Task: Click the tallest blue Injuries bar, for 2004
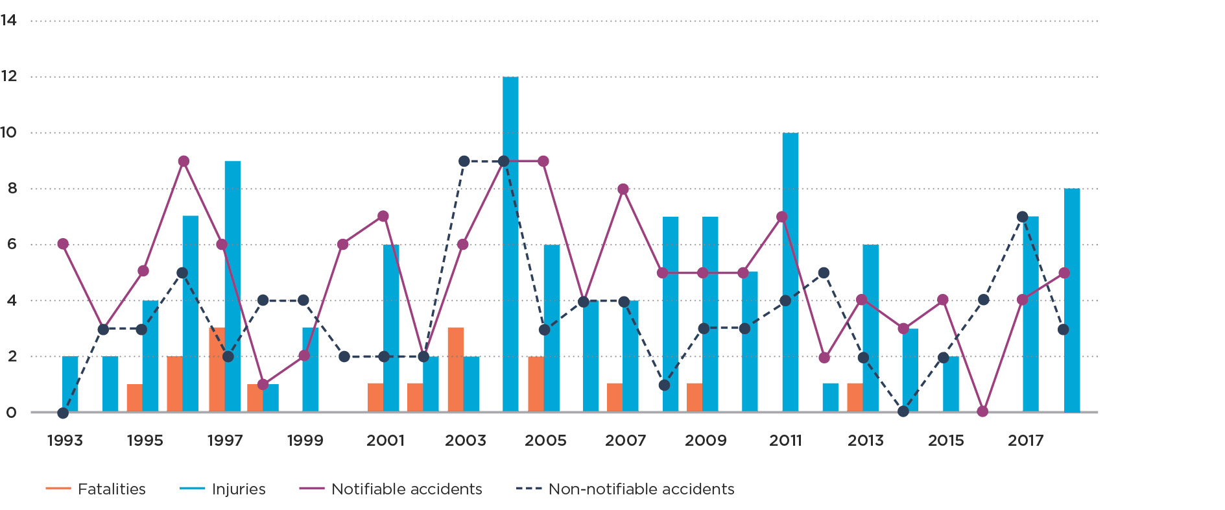tap(510, 244)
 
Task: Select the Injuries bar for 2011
tap(790, 273)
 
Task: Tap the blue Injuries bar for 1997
tap(233, 285)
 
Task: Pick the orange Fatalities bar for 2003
tap(456, 370)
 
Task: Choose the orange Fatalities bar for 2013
tap(855, 398)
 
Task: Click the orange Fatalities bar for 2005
tap(536, 384)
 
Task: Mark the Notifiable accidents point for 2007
tap(623, 189)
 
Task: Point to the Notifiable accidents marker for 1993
tap(63, 244)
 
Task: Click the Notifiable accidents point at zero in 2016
tap(982, 411)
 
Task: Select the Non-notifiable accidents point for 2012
tap(824, 273)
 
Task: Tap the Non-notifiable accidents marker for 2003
tap(464, 161)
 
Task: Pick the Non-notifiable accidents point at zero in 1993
tap(63, 413)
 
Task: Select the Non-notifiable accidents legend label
tap(641, 489)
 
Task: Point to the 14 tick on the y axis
tap(9, 21)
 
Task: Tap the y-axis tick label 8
tap(12, 189)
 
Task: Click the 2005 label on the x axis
tap(545, 441)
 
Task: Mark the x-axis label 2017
tap(1025, 441)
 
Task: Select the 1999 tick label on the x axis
tap(305, 441)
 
